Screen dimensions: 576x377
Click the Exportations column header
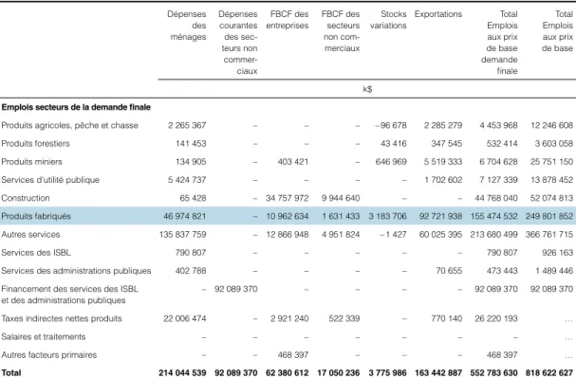(438, 14)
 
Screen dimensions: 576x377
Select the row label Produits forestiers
(36, 143)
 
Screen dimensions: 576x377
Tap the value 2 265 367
(187, 125)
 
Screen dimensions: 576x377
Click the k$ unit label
(367, 89)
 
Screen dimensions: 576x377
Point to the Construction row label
(26, 198)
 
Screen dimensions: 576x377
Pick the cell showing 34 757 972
(288, 198)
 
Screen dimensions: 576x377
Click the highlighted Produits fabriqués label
(36, 216)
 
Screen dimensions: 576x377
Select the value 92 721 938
(440, 216)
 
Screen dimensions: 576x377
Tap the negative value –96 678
(391, 125)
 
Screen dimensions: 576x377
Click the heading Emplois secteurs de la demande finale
(76, 107)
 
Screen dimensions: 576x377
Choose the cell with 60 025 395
(440, 234)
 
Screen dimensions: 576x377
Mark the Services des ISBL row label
(36, 253)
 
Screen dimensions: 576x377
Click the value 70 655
(449, 271)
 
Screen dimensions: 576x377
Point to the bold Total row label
(11, 372)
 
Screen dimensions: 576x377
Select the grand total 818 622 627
(549, 372)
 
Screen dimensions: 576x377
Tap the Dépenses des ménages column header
(188, 26)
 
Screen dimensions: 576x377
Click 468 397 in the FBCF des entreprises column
(293, 354)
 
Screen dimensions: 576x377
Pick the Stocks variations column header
(388, 20)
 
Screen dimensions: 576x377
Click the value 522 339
(344, 318)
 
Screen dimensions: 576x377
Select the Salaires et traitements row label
(44, 336)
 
